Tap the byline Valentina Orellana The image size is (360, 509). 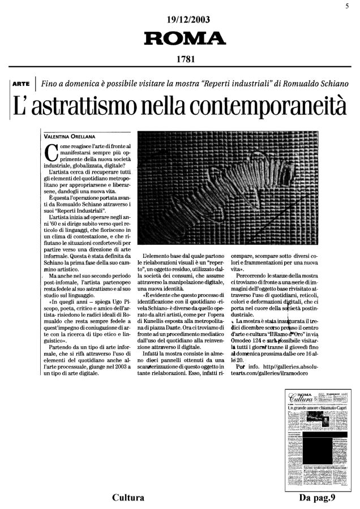(x=70, y=136)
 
